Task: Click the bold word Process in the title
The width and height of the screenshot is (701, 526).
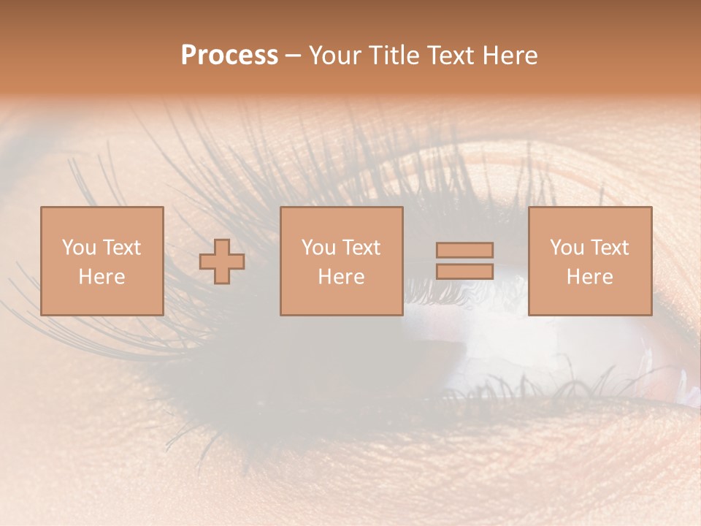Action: [229, 56]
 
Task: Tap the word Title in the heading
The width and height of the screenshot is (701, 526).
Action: [394, 56]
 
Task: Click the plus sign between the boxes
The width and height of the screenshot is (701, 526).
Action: [222, 262]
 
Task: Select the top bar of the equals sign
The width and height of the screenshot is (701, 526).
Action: [464, 251]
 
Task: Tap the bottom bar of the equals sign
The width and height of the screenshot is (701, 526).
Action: [464, 271]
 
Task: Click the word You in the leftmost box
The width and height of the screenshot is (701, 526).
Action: [79, 248]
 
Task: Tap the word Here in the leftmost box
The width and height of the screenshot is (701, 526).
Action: [101, 277]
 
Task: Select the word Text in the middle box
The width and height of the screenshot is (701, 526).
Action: [361, 248]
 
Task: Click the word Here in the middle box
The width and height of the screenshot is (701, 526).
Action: [341, 277]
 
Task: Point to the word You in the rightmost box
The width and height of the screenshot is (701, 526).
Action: [567, 248]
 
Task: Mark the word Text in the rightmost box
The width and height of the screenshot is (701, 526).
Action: [610, 248]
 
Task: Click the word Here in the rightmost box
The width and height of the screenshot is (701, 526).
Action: [590, 277]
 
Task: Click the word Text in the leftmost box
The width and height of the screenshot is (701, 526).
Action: [122, 248]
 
